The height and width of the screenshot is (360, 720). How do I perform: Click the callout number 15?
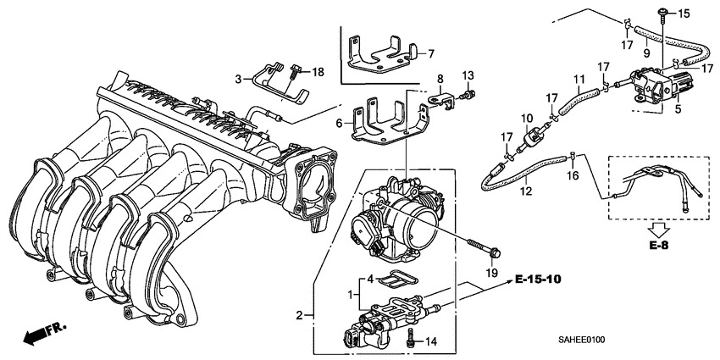[685, 13]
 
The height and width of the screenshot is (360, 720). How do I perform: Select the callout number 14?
[431, 341]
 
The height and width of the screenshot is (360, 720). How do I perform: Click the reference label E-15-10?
[537, 279]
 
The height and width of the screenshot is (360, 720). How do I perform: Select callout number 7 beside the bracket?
[430, 53]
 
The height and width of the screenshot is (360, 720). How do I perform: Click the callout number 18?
[318, 73]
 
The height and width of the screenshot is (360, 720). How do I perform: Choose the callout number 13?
[468, 76]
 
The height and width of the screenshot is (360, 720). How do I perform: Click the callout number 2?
[298, 315]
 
